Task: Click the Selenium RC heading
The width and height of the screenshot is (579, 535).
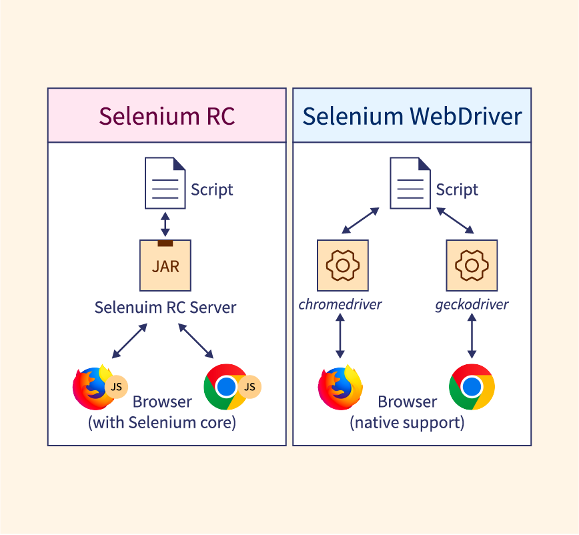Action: (166, 116)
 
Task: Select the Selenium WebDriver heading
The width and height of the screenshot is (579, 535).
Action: (412, 116)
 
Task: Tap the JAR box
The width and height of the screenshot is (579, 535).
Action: (165, 265)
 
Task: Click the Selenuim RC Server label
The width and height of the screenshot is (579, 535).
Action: (165, 308)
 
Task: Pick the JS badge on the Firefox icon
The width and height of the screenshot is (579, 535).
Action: (116, 386)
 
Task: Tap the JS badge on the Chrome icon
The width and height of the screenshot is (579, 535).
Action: (250, 386)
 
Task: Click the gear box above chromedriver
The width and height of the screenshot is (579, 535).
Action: (343, 265)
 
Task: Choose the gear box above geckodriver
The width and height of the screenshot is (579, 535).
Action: (472, 265)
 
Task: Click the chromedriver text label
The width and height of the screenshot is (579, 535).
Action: (340, 305)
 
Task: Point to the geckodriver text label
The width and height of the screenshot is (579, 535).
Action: (472, 305)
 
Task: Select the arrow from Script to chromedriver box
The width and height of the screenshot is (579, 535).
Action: (360, 220)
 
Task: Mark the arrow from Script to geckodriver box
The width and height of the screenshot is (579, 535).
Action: (455, 220)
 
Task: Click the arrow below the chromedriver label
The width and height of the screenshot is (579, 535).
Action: (340, 337)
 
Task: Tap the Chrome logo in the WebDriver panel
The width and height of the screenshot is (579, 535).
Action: (472, 387)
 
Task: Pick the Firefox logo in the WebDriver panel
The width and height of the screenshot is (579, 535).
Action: (340, 388)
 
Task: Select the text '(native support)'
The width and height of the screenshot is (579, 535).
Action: (407, 422)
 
